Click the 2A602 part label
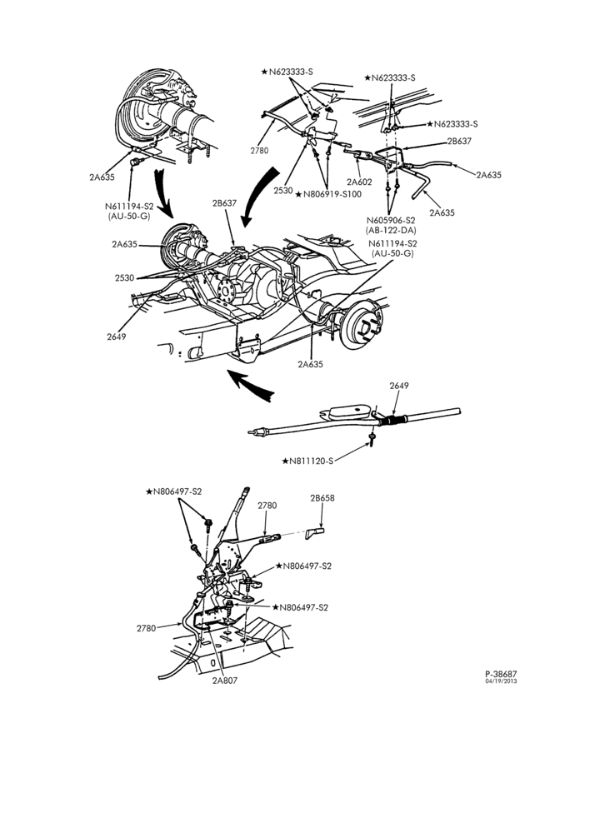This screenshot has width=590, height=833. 359,182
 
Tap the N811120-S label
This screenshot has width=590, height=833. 307,461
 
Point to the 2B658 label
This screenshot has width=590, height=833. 322,498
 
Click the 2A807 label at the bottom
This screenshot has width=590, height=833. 225,681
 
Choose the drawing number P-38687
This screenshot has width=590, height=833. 501,673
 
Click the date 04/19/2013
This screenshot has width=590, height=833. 501,681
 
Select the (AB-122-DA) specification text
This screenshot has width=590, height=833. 391,230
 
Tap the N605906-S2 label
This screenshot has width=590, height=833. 391,221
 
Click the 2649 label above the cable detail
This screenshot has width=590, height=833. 398,386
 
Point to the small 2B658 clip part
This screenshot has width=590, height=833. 314,533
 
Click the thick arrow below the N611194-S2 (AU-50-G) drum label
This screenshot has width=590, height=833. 162,192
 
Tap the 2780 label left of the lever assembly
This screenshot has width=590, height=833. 146,628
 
